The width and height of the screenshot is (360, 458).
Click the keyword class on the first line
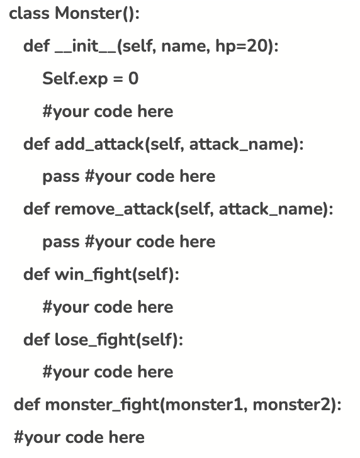pyautogui.click(x=29, y=14)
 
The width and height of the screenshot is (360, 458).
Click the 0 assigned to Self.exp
pyautogui.click(x=133, y=79)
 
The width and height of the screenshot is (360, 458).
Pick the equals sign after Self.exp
pyautogui.click(x=115, y=79)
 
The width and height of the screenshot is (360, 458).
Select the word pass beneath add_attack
pyautogui.click(x=60, y=177)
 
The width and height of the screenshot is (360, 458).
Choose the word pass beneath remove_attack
pyautogui.click(x=60, y=242)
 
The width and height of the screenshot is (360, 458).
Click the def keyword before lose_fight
pyautogui.click(x=35, y=340)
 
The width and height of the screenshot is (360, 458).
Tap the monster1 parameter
pyautogui.click(x=206, y=405)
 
